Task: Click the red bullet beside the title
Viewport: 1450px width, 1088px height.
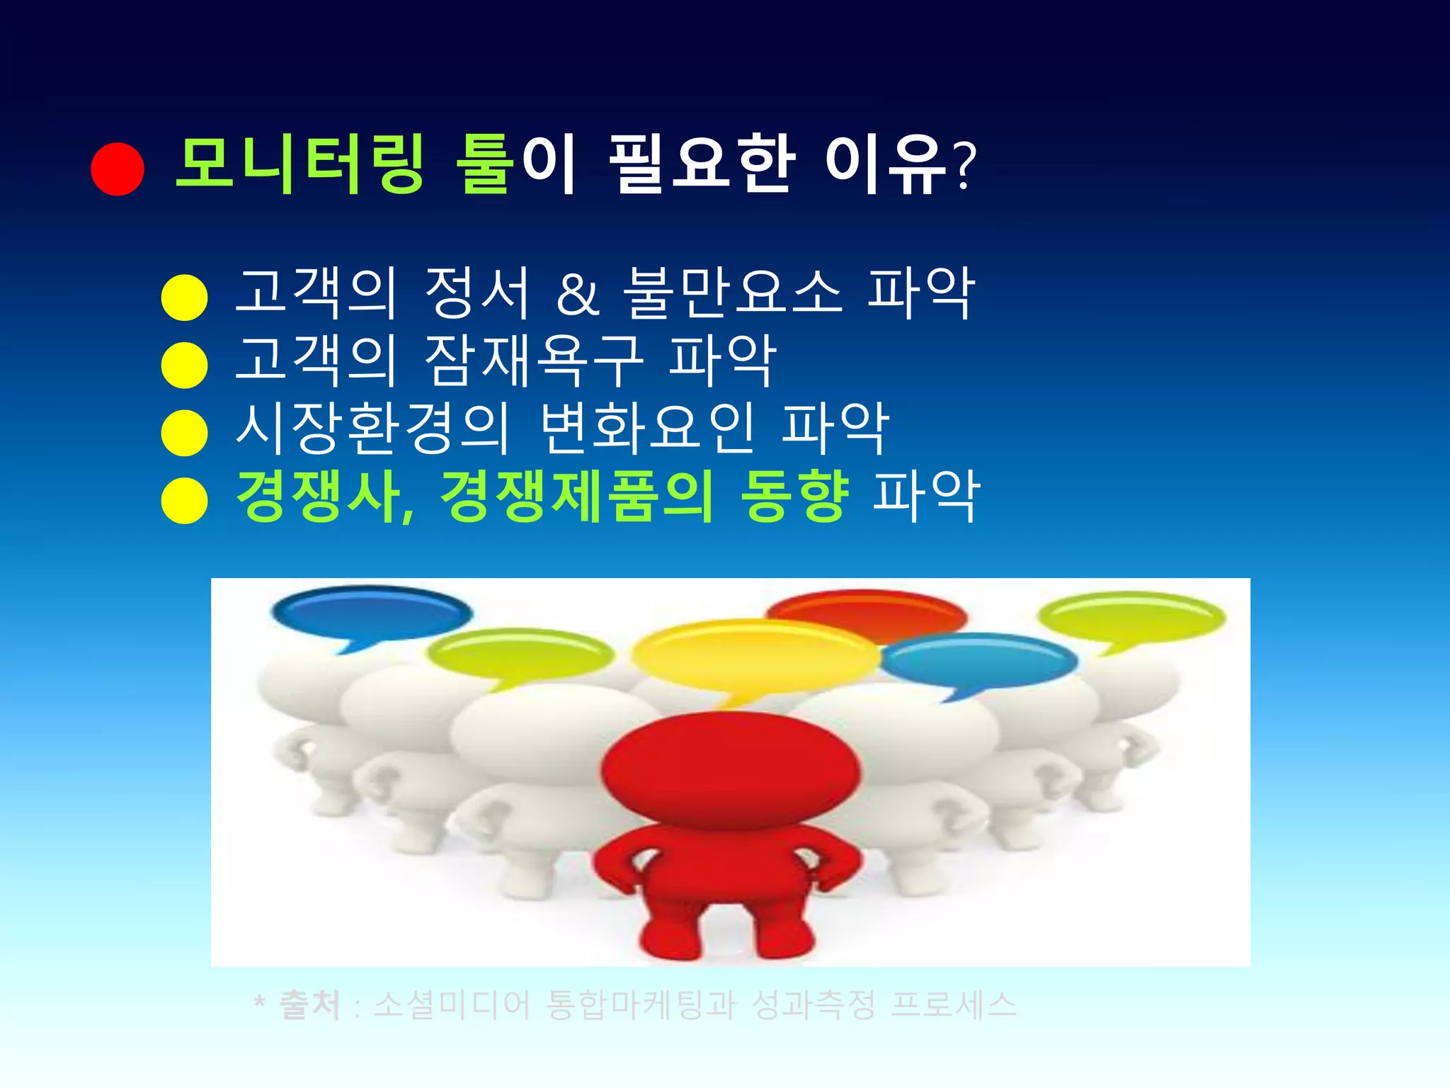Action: tap(118, 169)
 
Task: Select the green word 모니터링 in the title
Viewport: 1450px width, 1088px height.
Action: tap(299, 164)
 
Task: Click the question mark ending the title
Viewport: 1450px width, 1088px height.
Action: tap(965, 166)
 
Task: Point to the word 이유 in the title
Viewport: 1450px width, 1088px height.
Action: tap(886, 164)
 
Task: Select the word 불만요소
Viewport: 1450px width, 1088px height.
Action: tap(733, 293)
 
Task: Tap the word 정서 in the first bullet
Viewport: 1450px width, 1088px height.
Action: tap(476, 293)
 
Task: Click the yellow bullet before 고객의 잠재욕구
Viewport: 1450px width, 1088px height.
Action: tap(184, 365)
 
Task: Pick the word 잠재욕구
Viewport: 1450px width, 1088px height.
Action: tap(535, 361)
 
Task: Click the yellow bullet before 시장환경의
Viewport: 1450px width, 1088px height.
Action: tap(184, 432)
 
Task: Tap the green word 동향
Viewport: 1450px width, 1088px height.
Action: tap(794, 496)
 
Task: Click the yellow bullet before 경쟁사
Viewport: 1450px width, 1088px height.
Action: tap(184, 500)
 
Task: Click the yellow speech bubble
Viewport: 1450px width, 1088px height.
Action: tap(754, 655)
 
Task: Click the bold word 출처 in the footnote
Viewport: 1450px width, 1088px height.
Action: tap(310, 1005)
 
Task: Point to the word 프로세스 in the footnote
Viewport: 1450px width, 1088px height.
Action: tap(953, 1005)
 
